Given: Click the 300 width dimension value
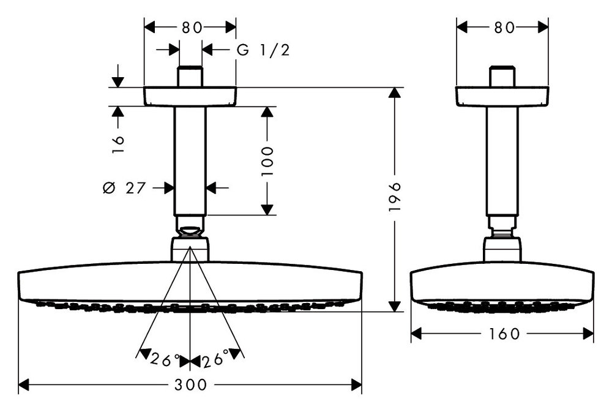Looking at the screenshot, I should click(x=190, y=385).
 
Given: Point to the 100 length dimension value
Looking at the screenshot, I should click(x=267, y=160).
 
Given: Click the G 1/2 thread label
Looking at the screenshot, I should click(x=263, y=50).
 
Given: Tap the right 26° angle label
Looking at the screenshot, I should click(x=215, y=359).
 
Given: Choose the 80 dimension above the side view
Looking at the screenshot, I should click(x=502, y=27).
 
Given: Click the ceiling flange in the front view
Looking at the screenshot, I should click(x=190, y=96).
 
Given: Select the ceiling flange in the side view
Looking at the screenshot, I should click(x=502, y=96).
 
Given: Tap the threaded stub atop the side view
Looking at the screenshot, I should click(x=502, y=77).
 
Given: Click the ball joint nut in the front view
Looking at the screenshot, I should click(x=190, y=231).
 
